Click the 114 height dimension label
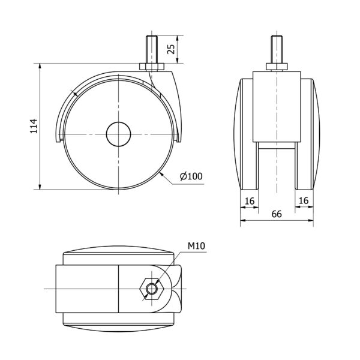[34, 126]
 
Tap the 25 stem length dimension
[171, 49]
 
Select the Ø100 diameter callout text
[191, 176]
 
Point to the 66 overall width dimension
[277, 214]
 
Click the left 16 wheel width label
[250, 201]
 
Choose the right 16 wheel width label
[304, 200]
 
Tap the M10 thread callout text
[196, 246]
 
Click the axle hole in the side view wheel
[118, 134]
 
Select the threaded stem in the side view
[151, 49]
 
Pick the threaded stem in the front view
[277, 49]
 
